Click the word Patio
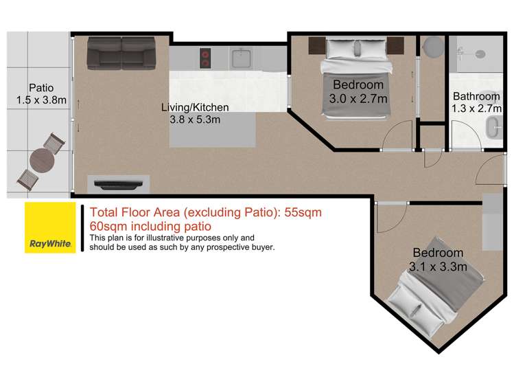40,88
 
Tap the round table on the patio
43,162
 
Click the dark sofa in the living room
121,54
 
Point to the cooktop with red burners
205,58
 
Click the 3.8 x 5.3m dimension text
195,120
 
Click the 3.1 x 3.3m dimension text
438,266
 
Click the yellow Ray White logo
49,227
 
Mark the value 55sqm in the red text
303,213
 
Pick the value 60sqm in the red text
106,226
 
